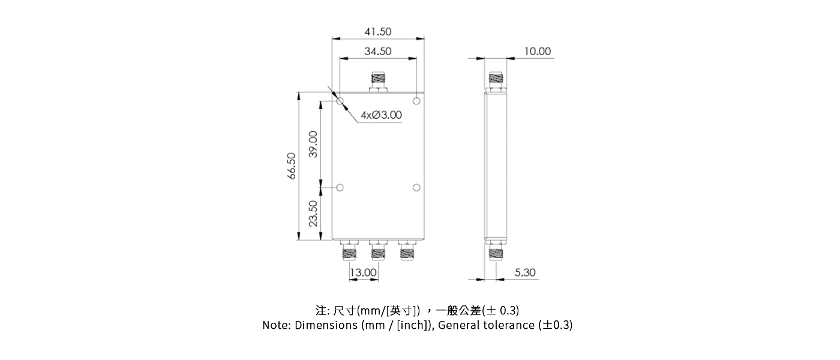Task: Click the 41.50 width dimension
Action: pyautogui.click(x=378, y=32)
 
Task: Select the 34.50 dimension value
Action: pyautogui.click(x=378, y=52)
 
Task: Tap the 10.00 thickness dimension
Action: pyautogui.click(x=537, y=52)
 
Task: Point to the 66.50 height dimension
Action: pyautogui.click(x=292, y=166)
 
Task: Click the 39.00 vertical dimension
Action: pyautogui.click(x=313, y=143)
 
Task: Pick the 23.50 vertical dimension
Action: pyautogui.click(x=313, y=213)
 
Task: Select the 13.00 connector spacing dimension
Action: pyautogui.click(x=363, y=272)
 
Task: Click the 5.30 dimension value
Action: pyautogui.click(x=525, y=272)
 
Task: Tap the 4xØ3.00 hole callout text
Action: pyautogui.click(x=381, y=115)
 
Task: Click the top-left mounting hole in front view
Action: pyautogui.click(x=340, y=100)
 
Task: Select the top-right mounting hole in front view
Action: pyautogui.click(x=417, y=100)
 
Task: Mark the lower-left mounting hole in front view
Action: pyautogui.click(x=340, y=188)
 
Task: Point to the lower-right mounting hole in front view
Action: pyautogui.click(x=417, y=188)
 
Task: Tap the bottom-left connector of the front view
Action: pyautogui.click(x=349, y=250)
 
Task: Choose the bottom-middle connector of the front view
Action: pyautogui.click(x=378, y=250)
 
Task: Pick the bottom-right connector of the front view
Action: pyautogui.click(x=407, y=250)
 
